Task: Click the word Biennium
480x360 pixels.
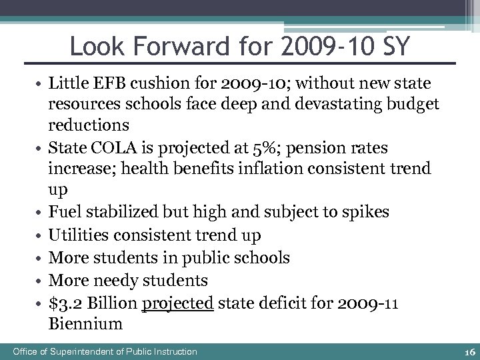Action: pos(85,325)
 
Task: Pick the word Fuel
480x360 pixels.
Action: pos(64,212)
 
